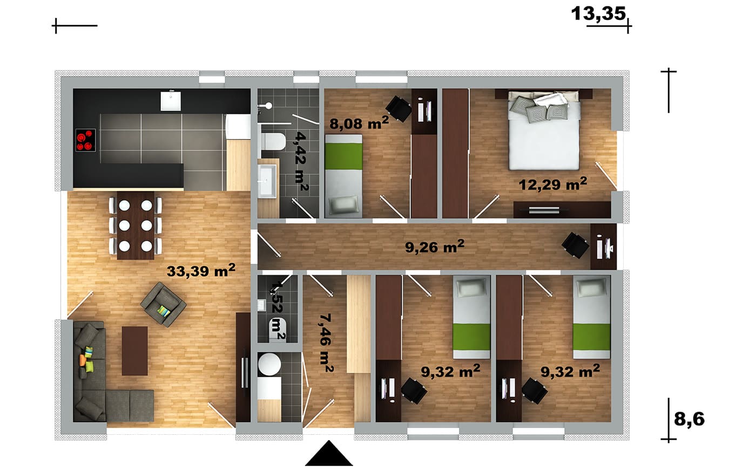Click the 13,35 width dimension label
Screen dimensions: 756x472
coord(598,14)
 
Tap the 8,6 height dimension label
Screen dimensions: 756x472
coord(689,419)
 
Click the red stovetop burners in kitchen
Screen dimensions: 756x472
coord(85,140)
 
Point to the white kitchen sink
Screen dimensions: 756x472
coord(171,100)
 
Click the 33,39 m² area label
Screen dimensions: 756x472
coord(201,270)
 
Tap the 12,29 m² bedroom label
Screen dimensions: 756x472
coord(553,184)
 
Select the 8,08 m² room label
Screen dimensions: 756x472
coord(359,123)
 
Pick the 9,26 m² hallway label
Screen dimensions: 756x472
coord(435,247)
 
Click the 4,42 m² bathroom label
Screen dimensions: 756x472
coord(301,161)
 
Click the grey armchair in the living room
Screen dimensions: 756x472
coord(163,304)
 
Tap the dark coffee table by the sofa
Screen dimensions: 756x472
coord(134,351)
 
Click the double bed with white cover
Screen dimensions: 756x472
coord(544,132)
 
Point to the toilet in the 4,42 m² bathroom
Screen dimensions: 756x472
coord(273,141)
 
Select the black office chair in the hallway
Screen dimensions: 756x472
coord(576,245)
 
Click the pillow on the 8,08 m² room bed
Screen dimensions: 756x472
coord(343,205)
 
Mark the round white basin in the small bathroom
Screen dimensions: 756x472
coord(269,364)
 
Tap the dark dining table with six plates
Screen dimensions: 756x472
coord(136,225)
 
